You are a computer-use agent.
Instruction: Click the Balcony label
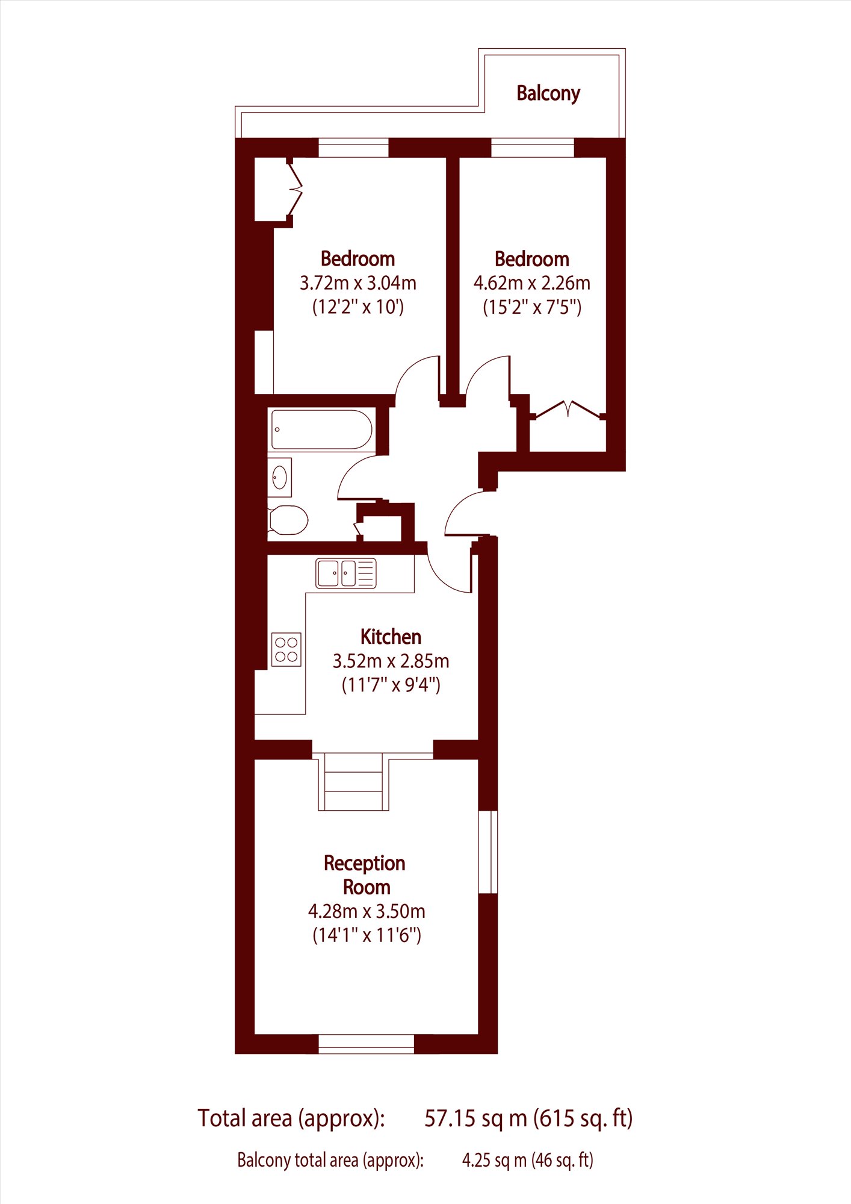pos(548,94)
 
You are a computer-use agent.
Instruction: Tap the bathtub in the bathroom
pos(321,429)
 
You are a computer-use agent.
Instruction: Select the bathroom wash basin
pos(280,477)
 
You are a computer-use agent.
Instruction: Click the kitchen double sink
pos(346,573)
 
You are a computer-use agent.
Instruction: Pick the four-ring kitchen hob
pos(286,649)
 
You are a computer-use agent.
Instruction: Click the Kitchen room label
pos(391,637)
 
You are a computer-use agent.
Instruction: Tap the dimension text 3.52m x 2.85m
pos(391,661)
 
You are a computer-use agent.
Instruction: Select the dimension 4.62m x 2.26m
pos(531,282)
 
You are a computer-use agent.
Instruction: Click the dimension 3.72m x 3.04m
pos(357,282)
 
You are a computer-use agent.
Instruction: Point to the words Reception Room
pos(365,875)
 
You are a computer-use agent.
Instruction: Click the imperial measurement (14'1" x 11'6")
pos(367,935)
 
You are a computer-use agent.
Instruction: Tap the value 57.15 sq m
pos(475,1118)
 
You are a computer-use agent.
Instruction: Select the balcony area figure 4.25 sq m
pos(494,1161)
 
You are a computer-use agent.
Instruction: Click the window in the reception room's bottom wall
pos(367,1044)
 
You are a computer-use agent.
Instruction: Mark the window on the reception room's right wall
pos(488,852)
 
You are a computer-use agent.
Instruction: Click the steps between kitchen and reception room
pos(353,781)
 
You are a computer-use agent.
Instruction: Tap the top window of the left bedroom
pos(353,148)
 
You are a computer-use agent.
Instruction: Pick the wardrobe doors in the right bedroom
pos(568,410)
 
